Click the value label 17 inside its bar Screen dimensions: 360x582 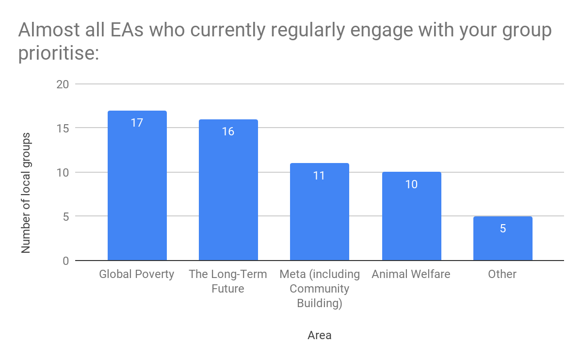pyautogui.click(x=137, y=123)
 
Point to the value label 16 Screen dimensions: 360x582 pyautogui.click(x=228, y=131)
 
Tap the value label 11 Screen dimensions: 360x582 pyautogui.click(x=319, y=176)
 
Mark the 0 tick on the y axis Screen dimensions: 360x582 pyautogui.click(x=65, y=261)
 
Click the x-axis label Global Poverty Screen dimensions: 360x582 pyautogui.click(x=136, y=274)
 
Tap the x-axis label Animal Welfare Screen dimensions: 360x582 pyautogui.click(x=411, y=274)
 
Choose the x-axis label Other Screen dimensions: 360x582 pyautogui.click(x=502, y=274)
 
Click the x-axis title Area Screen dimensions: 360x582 pyautogui.click(x=320, y=335)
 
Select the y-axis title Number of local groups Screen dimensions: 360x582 pyautogui.click(x=26, y=193)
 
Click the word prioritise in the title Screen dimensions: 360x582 pyautogui.click(x=59, y=52)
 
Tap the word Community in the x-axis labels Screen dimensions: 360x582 pyautogui.click(x=319, y=289)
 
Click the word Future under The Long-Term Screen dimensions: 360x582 pyautogui.click(x=228, y=289)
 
